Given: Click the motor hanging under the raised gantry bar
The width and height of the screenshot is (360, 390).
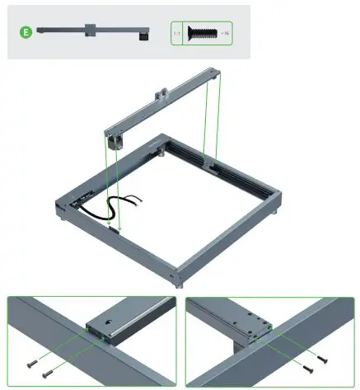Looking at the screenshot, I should [x=115, y=143].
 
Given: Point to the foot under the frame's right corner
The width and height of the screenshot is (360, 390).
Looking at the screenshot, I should [x=275, y=213].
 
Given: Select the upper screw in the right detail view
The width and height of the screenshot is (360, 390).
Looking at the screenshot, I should [x=320, y=359].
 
